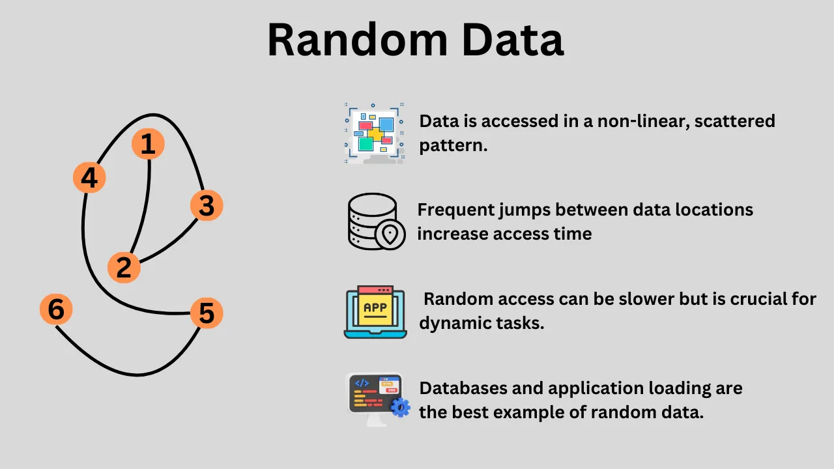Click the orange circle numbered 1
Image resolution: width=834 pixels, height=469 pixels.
(x=148, y=144)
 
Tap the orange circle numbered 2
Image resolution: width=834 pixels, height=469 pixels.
(x=124, y=267)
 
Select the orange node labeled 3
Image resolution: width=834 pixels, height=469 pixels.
(x=207, y=206)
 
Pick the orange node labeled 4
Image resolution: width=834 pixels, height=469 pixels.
(x=89, y=178)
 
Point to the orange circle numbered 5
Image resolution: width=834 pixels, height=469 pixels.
(x=207, y=313)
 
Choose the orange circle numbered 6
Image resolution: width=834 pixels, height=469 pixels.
(x=56, y=309)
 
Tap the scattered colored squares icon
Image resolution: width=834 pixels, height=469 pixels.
(x=374, y=132)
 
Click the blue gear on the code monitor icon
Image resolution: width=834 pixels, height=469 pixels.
(x=400, y=408)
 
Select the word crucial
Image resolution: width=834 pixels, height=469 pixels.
(x=738, y=299)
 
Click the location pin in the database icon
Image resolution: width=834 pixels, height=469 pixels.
(x=390, y=234)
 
